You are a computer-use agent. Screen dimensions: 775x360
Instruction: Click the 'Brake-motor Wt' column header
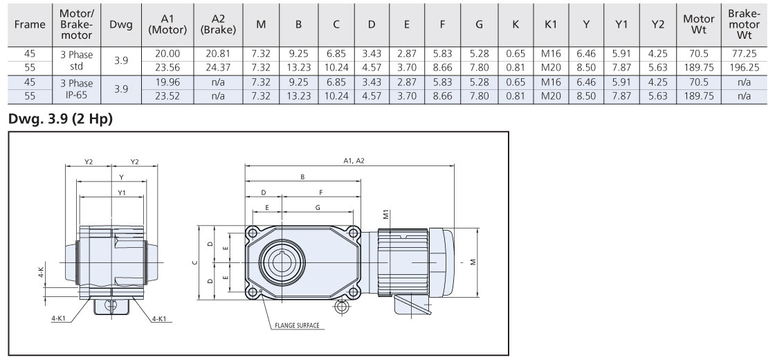pyautogui.click(x=744, y=24)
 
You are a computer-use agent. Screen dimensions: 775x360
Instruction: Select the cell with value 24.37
pyautogui.click(x=218, y=68)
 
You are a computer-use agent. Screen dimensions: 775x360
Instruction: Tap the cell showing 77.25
pyautogui.click(x=744, y=54)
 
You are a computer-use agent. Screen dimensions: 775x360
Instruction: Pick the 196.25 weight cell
pyautogui.click(x=744, y=68)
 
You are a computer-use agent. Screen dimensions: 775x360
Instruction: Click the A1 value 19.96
pyautogui.click(x=167, y=82)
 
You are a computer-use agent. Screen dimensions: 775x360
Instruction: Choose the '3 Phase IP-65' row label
pyautogui.click(x=76, y=89)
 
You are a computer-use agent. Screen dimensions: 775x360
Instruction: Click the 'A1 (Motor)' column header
pyautogui.click(x=167, y=24)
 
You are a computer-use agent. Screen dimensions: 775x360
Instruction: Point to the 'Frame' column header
pyautogui.click(x=30, y=24)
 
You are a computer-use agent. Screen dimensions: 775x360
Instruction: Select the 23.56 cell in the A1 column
pyautogui.click(x=167, y=68)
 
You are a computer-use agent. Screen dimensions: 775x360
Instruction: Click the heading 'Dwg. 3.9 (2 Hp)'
pyautogui.click(x=60, y=119)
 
